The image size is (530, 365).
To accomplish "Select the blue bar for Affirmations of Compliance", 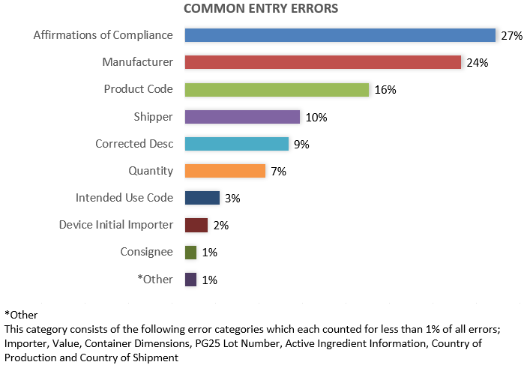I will [x=340, y=35].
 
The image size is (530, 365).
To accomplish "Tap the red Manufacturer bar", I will [x=322, y=62].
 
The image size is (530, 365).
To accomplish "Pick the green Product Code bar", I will [x=277, y=89].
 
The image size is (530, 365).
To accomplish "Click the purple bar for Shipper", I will [x=242, y=117].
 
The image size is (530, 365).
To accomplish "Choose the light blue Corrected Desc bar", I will [x=236, y=144].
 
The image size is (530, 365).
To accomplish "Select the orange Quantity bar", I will [x=225, y=171].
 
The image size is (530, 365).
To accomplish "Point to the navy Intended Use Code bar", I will [x=202, y=198].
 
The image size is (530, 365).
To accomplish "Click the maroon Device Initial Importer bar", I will [x=196, y=225].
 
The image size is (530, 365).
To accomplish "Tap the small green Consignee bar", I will [x=190, y=253].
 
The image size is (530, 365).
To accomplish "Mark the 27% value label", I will [x=511, y=36].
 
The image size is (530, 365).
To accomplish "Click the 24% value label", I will [x=477, y=63].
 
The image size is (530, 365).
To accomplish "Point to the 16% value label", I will [x=385, y=90].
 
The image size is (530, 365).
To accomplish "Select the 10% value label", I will [x=316, y=118].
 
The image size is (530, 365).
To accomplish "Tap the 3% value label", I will [x=232, y=199].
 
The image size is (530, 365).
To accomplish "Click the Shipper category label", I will [x=152, y=117].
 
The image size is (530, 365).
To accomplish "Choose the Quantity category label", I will [x=151, y=171].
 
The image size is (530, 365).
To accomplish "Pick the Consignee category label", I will [x=146, y=253].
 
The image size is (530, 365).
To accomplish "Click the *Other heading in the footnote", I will [x=21, y=315].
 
